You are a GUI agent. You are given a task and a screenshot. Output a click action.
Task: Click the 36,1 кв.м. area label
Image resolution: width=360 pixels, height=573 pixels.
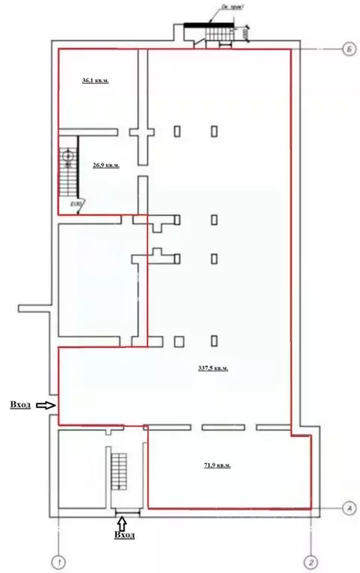pos(95,81)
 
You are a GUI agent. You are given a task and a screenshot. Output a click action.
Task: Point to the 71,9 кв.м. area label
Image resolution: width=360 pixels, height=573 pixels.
pos(217,465)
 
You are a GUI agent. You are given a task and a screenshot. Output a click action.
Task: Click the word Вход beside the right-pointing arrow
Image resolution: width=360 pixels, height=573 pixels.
pos(20,404)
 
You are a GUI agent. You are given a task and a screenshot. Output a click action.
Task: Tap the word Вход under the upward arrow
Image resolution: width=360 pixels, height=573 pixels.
pos(124,535)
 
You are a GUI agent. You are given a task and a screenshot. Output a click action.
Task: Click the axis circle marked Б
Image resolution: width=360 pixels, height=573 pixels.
pos(348,49)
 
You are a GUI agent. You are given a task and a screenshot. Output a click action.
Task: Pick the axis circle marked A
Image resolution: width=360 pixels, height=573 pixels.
pos(348,508)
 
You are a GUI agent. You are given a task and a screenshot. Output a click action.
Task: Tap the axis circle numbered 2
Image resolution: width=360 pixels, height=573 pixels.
pos(311,560)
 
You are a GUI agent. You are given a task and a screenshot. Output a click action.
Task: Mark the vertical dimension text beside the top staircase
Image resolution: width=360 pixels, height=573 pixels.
pos(246,34)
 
